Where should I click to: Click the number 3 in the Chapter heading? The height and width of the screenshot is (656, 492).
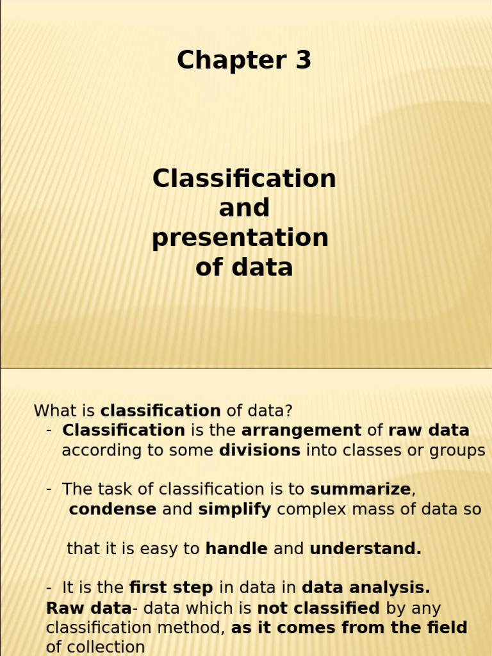[x=302, y=60]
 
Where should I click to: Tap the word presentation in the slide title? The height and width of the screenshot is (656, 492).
[x=240, y=238]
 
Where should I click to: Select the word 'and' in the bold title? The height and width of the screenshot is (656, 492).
[x=244, y=208]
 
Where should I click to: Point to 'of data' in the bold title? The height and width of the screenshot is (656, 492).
[x=244, y=267]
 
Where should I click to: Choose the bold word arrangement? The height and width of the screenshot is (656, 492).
[x=302, y=430]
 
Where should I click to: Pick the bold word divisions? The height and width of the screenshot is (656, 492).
[x=259, y=450]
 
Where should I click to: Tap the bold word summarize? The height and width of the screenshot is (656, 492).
[x=360, y=489]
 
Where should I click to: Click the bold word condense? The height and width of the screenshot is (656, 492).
[x=113, y=509]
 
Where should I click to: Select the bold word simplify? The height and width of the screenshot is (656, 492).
[x=234, y=509]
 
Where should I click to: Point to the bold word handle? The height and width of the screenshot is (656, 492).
[x=236, y=548]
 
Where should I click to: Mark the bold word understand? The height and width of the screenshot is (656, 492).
[x=365, y=548]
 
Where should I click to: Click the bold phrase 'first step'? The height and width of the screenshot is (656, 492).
[x=172, y=587]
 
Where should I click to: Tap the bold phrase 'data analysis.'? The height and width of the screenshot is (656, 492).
[x=366, y=587]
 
